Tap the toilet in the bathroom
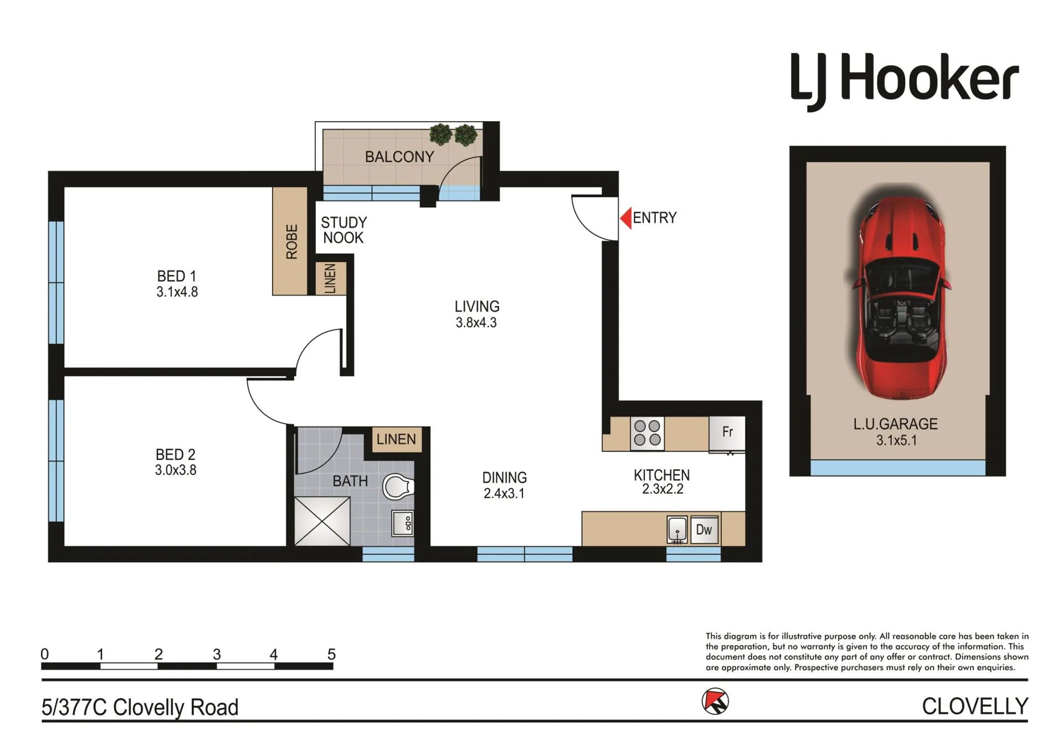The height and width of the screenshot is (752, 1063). (398, 487)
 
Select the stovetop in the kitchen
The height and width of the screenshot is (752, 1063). (647, 433)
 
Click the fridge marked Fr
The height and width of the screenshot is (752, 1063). (727, 434)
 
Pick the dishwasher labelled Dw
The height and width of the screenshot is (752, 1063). (704, 529)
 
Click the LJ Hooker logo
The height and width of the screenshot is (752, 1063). (904, 81)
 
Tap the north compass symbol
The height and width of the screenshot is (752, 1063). (715, 702)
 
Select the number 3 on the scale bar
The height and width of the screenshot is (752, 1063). (217, 655)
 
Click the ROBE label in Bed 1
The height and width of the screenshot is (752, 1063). (291, 241)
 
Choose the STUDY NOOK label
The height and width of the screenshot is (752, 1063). (344, 230)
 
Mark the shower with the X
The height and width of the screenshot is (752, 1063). (322, 521)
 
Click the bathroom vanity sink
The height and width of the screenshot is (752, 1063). (403, 523)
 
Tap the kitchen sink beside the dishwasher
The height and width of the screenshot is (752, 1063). (677, 529)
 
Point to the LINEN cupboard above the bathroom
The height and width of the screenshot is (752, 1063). (396, 440)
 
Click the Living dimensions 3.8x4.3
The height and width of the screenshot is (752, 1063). (476, 323)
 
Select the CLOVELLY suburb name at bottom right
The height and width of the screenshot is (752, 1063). (975, 707)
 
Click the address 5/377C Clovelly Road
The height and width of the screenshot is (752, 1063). (140, 707)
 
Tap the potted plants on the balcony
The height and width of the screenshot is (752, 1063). (453, 135)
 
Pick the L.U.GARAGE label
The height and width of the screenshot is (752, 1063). (895, 424)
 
